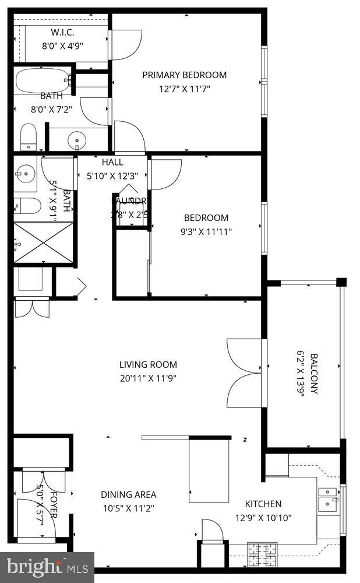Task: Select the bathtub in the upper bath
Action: [43, 80]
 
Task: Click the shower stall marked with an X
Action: [43, 243]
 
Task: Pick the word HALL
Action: [112, 162]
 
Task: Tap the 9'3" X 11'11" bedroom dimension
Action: [206, 231]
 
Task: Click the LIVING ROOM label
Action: [148, 365]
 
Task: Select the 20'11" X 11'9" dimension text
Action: [148, 378]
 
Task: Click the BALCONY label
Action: [315, 374]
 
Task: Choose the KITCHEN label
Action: [263, 504]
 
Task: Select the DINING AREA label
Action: [128, 494]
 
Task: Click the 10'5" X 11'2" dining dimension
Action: [128, 507]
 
